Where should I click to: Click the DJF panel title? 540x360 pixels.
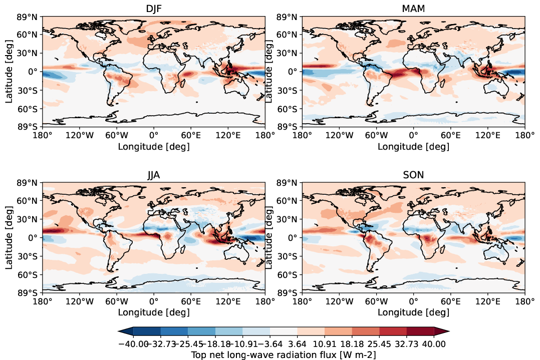click(153, 10)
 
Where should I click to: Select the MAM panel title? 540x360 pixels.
click(413, 10)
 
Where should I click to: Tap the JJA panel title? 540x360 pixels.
click(153, 175)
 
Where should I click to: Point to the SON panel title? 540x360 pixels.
click(413, 175)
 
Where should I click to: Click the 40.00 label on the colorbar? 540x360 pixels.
click(434, 344)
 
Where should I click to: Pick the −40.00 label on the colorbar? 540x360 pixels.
click(133, 344)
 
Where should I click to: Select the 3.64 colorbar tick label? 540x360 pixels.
click(297, 344)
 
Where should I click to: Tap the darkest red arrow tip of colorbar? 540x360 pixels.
click(442, 331)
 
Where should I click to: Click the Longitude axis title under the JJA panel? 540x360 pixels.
click(153, 312)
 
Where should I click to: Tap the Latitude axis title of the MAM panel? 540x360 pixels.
click(269, 71)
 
